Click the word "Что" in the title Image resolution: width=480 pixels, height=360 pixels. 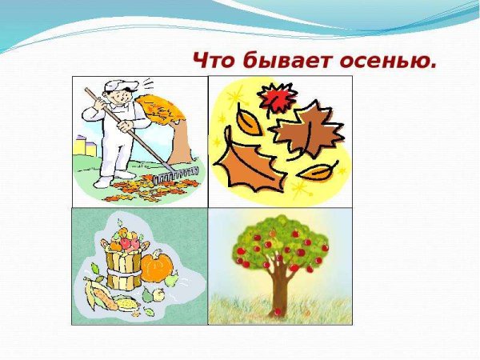(x=215, y=61)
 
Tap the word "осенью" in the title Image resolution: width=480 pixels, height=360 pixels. (x=391, y=61)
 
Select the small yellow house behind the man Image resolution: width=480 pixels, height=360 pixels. (x=79, y=146)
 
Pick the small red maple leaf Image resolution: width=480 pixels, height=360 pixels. (x=276, y=100)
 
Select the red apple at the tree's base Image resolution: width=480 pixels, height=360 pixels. (x=278, y=311)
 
